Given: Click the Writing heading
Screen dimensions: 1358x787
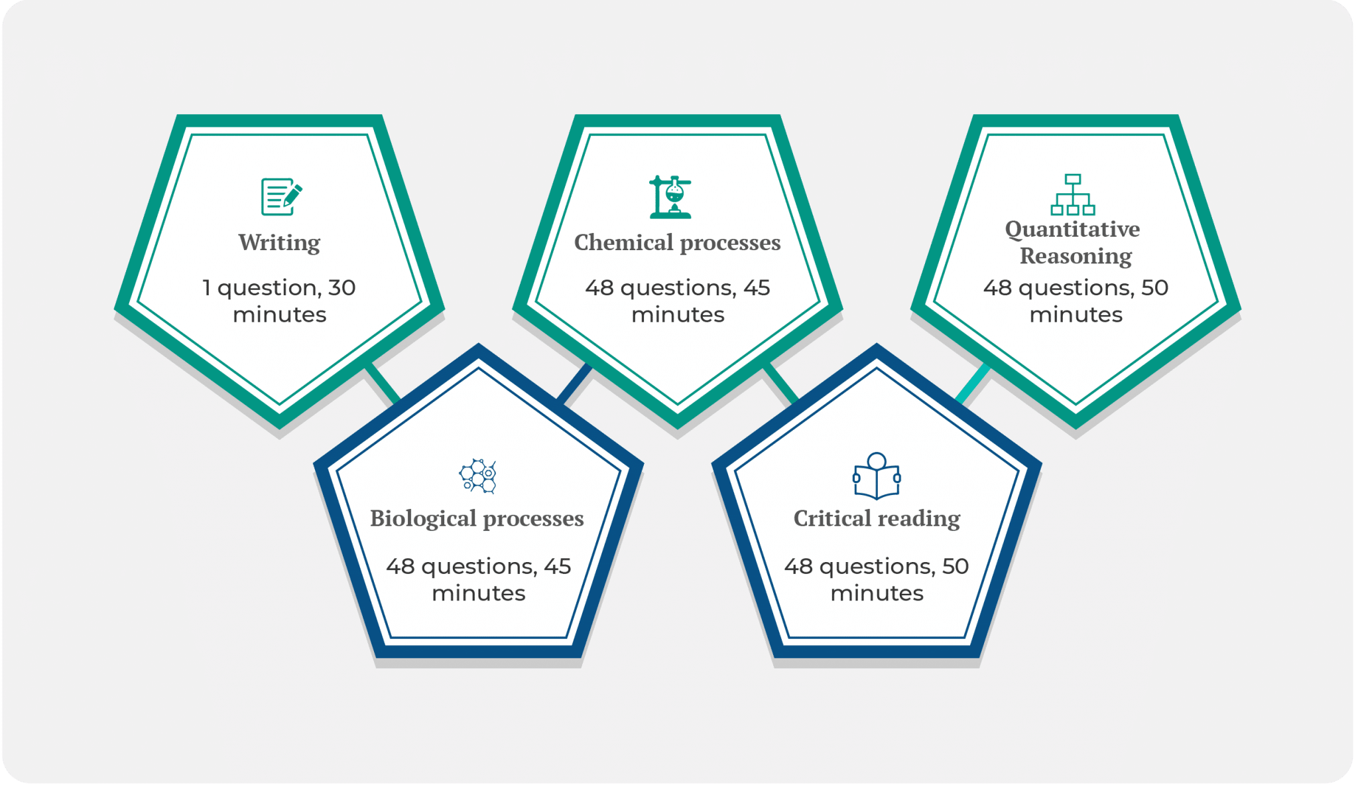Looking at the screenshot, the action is [x=279, y=243].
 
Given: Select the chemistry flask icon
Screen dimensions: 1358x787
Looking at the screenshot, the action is [x=670, y=196].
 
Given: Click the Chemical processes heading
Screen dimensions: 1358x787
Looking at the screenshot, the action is [x=677, y=243].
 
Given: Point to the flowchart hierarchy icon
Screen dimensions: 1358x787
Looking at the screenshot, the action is [x=1073, y=194].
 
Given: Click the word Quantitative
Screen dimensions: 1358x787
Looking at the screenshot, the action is [x=1072, y=229].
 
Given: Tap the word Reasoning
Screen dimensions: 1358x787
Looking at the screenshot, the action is [x=1076, y=256].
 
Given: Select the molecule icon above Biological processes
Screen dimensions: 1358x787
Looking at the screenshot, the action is [x=477, y=476].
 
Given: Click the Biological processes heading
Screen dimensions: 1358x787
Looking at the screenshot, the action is [x=477, y=518].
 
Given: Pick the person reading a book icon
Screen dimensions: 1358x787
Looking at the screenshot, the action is [x=877, y=476].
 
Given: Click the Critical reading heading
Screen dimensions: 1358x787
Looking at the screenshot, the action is [x=877, y=518].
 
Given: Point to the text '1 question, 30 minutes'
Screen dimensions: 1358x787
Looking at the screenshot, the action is [x=279, y=301].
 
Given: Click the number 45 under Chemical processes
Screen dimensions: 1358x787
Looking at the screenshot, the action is [x=757, y=288].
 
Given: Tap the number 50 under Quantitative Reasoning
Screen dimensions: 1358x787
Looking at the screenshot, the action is [x=1154, y=288].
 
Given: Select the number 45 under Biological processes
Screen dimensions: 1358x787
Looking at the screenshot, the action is [x=557, y=567].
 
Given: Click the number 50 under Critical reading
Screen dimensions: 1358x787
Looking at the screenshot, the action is [x=955, y=567].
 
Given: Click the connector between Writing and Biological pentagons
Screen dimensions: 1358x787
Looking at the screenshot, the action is [x=383, y=383].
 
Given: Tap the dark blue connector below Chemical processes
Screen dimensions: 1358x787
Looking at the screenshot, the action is [x=574, y=383].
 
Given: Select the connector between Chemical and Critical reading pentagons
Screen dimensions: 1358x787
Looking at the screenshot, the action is [x=780, y=383].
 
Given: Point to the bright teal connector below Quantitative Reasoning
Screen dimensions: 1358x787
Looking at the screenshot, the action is [x=973, y=383].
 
